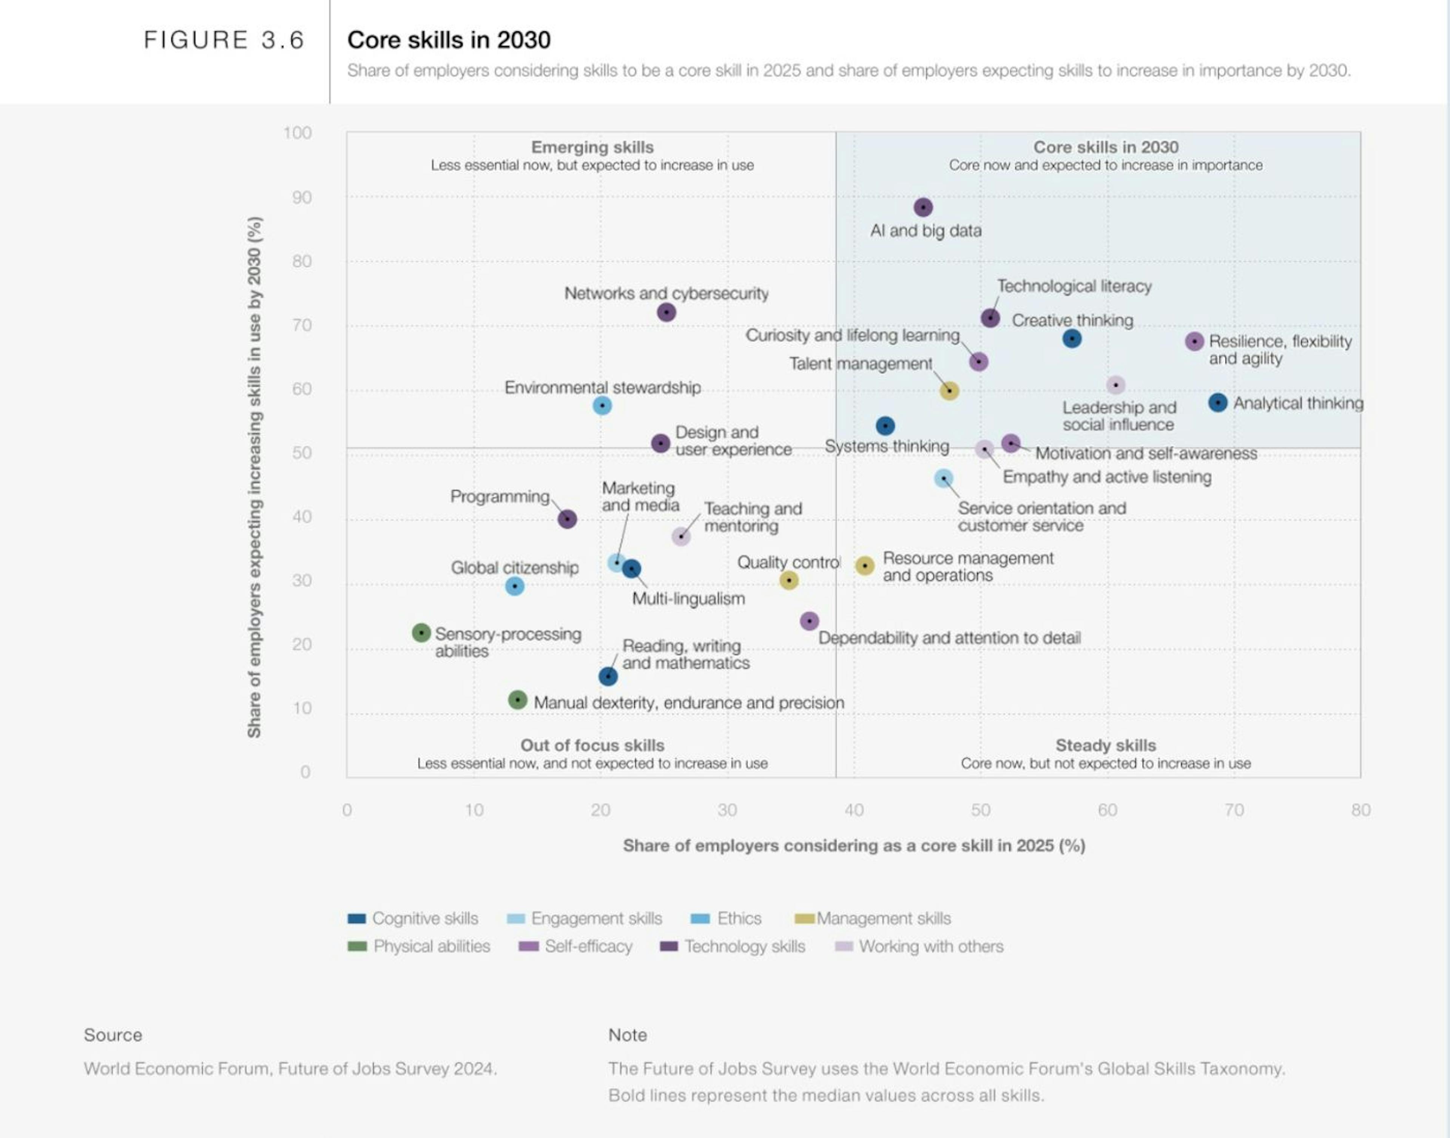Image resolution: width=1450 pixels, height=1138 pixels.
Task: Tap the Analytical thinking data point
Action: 1217,402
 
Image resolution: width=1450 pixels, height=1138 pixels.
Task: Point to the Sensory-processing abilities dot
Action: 421,632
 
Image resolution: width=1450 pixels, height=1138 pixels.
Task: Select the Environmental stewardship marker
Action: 602,405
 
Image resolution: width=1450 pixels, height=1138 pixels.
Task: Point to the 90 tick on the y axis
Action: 301,197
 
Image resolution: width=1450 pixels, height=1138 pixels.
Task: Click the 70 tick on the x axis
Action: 1234,810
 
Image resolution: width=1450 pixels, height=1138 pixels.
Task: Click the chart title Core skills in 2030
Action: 449,40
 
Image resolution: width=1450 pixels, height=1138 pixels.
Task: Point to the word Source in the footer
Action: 113,1035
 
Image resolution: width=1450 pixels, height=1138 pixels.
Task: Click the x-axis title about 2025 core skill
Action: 854,845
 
